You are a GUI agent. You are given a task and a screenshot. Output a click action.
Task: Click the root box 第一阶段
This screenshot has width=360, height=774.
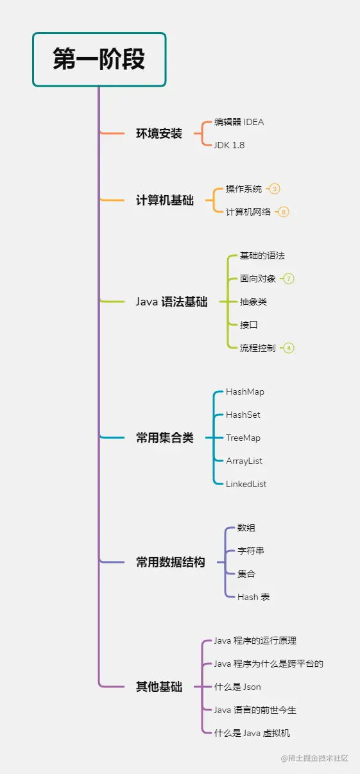(99, 59)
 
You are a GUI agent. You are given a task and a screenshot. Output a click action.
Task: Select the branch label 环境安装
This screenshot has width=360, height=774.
(159, 133)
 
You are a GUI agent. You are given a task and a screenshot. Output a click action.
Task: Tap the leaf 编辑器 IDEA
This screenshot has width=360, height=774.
(239, 122)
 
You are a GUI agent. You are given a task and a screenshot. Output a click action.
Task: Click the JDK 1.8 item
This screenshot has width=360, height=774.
(229, 145)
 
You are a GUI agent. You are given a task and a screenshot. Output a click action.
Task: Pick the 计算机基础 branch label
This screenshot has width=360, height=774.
(164, 200)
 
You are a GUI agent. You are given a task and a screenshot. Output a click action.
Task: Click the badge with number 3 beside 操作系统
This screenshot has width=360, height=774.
(275, 189)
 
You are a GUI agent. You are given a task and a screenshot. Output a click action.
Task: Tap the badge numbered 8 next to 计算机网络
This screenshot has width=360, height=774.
(284, 212)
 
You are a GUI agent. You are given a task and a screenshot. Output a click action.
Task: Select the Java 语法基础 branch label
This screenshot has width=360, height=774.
(171, 302)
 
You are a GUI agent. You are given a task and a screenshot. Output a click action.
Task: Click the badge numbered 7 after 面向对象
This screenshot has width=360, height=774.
(289, 279)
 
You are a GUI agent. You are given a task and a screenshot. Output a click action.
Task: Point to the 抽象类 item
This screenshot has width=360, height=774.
(253, 302)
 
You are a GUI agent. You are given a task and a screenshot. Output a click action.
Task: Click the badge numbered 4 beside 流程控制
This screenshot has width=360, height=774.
(289, 348)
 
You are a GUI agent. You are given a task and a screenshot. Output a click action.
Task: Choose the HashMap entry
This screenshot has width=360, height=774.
(244, 391)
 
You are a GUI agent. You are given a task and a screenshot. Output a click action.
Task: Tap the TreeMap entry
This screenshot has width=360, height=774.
(243, 438)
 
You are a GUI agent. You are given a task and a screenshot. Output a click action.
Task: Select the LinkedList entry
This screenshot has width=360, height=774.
(246, 484)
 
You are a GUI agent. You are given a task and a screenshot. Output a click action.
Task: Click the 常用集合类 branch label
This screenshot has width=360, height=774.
(164, 438)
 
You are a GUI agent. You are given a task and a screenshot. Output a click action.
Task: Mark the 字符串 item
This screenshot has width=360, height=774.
(250, 551)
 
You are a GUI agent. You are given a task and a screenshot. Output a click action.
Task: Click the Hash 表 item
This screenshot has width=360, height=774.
(253, 597)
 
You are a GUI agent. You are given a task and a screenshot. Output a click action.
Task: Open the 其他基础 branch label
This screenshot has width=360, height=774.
(159, 687)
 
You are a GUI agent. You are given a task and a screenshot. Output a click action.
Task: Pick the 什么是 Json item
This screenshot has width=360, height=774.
(237, 687)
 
